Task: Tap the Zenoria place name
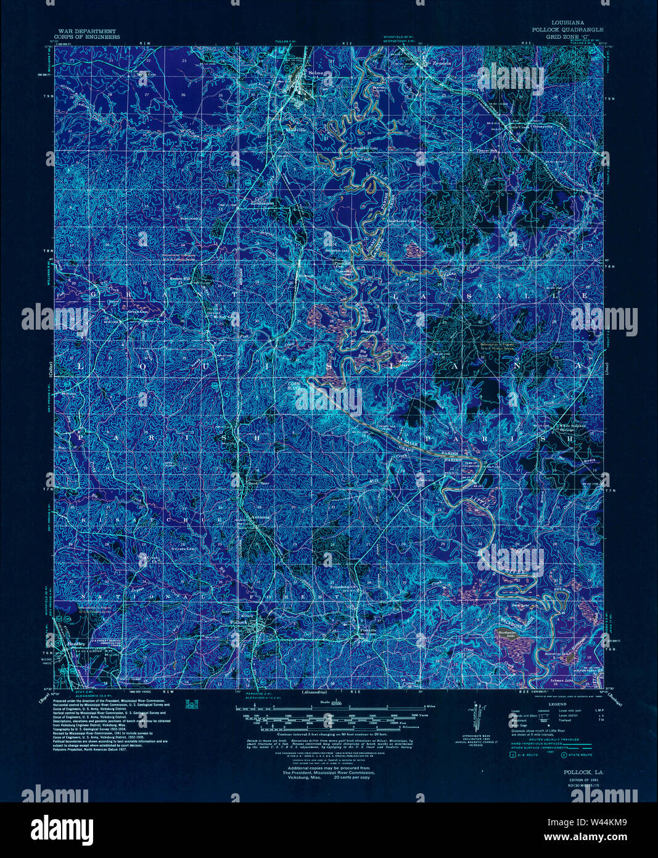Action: pyautogui.click(x=442, y=63)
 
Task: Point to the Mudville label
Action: pyautogui.click(x=296, y=130)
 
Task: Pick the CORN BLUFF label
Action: pyautogui.click(x=296, y=385)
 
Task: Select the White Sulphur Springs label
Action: pyautogui.click(x=571, y=427)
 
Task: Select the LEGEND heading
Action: pyautogui.click(x=557, y=704)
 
